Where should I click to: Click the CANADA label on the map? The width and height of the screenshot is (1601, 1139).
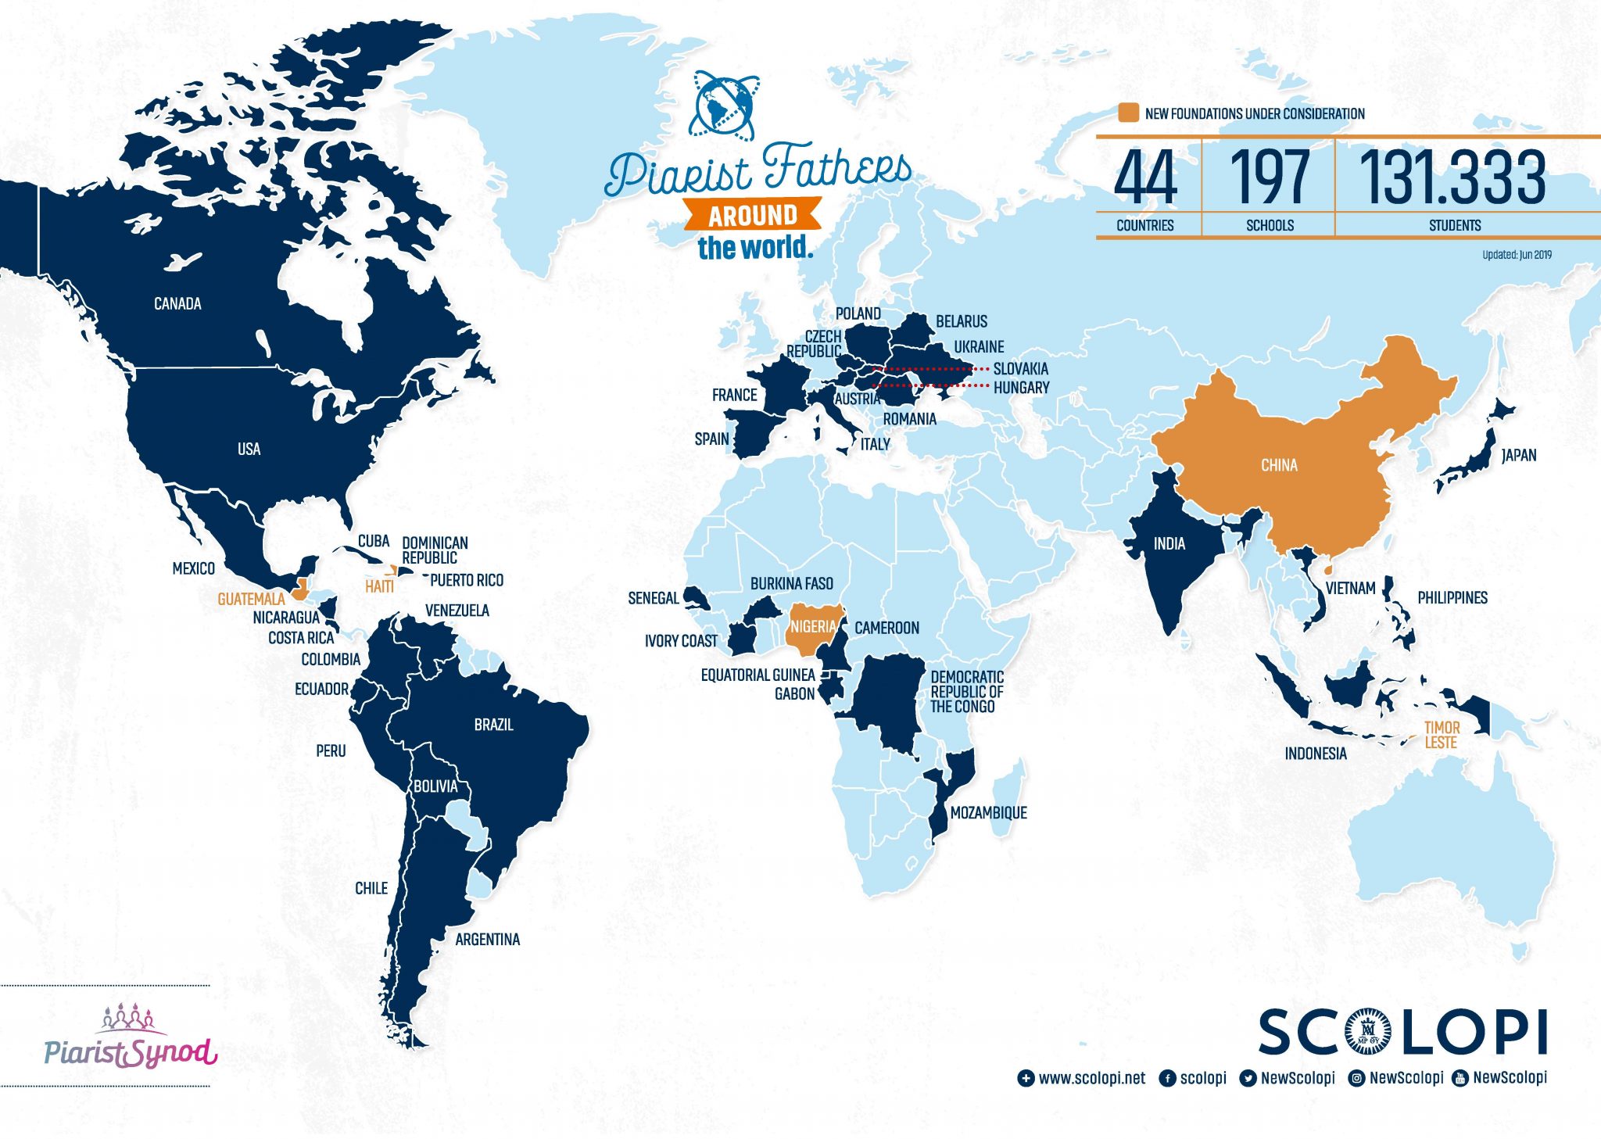[177, 303]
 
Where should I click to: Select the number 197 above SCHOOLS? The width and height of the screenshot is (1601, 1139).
[1269, 178]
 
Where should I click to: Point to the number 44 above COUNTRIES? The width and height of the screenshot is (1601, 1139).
[1145, 178]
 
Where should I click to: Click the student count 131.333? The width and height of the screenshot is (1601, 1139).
[1453, 178]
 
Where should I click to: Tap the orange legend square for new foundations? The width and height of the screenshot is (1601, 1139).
[1128, 113]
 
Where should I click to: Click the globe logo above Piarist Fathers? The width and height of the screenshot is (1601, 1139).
[723, 105]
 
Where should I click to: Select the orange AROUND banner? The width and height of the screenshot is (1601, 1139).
[753, 214]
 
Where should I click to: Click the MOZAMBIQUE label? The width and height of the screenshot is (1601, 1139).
[988, 813]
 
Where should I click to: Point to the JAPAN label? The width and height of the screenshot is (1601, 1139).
[1519, 455]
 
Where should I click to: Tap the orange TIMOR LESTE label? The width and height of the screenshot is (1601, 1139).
[1442, 735]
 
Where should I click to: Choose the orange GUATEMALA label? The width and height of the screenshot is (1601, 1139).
[251, 600]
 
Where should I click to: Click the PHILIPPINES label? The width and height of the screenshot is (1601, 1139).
[1452, 598]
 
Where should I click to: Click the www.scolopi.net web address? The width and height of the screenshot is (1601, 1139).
[1091, 1079]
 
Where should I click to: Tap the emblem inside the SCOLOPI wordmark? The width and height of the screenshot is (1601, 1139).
[1368, 1033]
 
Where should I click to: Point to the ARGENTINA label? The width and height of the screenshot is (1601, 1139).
[487, 940]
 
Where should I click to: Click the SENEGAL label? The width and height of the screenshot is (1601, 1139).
[654, 599]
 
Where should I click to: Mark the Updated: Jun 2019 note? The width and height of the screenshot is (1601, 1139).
[1517, 255]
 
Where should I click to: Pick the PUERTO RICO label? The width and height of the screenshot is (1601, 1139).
[467, 580]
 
